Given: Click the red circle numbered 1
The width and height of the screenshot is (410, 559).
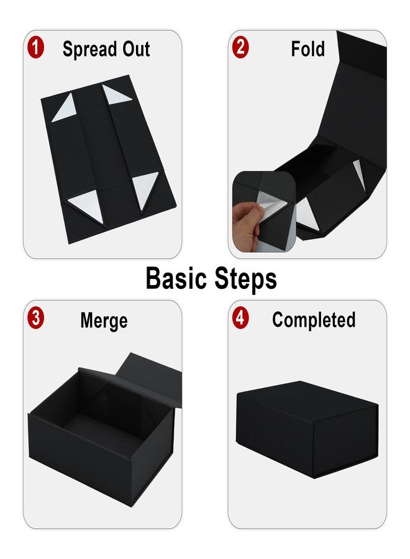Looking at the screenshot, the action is (x=35, y=48).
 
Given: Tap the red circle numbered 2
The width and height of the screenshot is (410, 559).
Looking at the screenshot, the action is (x=240, y=48).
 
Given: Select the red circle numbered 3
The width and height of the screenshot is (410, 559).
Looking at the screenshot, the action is (x=35, y=317).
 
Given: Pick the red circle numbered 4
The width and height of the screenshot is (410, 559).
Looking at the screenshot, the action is (x=240, y=317).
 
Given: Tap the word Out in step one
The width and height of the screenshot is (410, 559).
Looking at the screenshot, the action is (x=136, y=49).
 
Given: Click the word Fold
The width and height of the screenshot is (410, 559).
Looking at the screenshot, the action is (x=307, y=49).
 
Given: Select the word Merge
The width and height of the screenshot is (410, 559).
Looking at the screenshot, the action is (x=104, y=320).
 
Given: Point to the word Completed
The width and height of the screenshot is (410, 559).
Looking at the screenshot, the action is (x=314, y=320).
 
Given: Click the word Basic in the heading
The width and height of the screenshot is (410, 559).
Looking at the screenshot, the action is (x=176, y=278).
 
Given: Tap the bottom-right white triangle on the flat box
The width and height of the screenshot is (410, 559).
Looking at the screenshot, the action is (x=145, y=188).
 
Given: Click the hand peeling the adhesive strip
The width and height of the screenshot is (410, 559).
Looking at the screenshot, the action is (x=246, y=225).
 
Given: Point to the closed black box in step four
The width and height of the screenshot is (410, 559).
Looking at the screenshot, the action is (x=307, y=429).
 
